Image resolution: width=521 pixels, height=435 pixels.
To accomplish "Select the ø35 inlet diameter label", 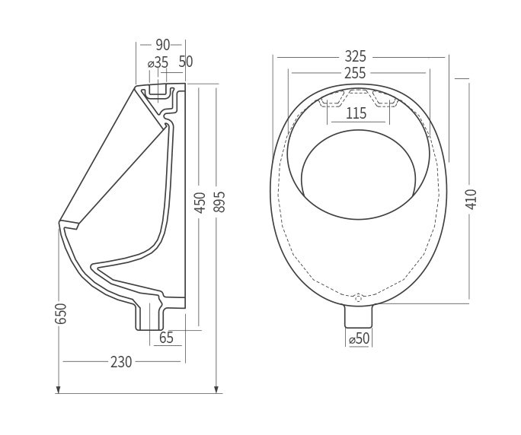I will point(157,63).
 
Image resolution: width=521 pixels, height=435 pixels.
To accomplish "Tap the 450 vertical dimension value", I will point(200,204).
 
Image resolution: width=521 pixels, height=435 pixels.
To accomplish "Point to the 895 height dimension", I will point(219,204).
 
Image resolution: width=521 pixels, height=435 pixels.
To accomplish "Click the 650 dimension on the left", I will point(61,313).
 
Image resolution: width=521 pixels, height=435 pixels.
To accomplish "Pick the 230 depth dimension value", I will point(120,362).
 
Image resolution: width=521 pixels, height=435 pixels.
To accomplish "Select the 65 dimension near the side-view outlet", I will point(166,338).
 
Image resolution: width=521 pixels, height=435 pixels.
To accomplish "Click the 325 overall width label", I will point(356,56).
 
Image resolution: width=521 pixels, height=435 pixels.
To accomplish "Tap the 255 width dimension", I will point(355,73).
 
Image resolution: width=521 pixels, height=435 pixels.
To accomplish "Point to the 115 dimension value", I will point(356,113).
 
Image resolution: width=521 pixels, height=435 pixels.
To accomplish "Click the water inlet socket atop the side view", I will point(158,90).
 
